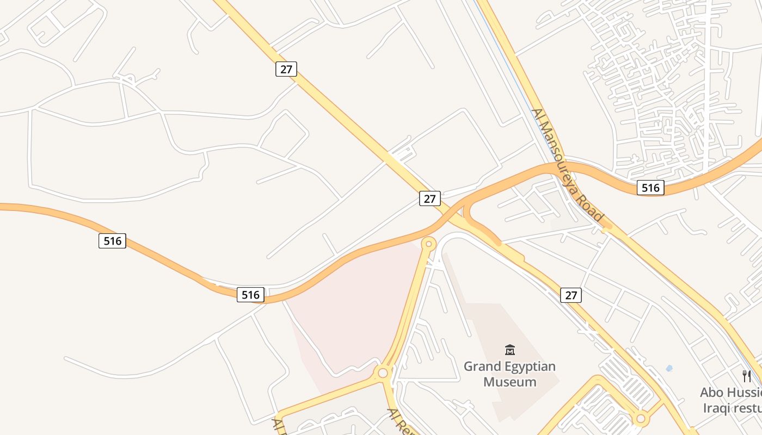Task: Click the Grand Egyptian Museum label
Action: [509, 374]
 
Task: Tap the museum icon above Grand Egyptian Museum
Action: [510, 350]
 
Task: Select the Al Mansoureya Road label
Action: [568, 165]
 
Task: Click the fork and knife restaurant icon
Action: [747, 376]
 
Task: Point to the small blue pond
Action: [669, 368]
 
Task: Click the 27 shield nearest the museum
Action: [570, 295]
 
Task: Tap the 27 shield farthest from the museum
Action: [286, 69]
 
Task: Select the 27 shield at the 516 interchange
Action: [429, 198]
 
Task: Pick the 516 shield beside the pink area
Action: [250, 295]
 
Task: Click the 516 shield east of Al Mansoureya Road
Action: [650, 188]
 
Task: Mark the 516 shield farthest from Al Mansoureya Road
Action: [112, 240]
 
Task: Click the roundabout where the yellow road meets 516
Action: [429, 244]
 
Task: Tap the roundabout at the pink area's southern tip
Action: [383, 373]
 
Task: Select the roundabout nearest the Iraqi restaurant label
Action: [641, 419]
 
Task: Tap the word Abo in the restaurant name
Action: [712, 393]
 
